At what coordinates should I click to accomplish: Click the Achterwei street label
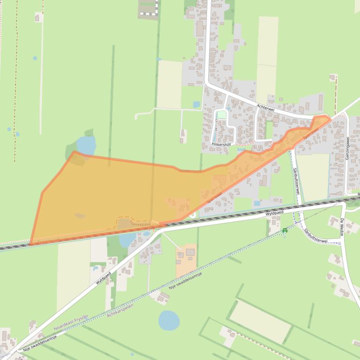coord(265,107)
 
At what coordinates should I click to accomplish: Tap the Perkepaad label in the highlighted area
coord(141,224)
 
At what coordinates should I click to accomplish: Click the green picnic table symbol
coord(284,230)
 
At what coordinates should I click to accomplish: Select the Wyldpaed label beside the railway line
coord(275,213)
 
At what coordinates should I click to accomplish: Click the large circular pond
coord(169,320)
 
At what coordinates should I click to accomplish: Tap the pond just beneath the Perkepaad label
coord(127,239)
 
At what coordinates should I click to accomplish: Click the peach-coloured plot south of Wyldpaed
coord(187,259)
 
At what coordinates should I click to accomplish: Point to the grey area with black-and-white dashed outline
coord(148,8)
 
